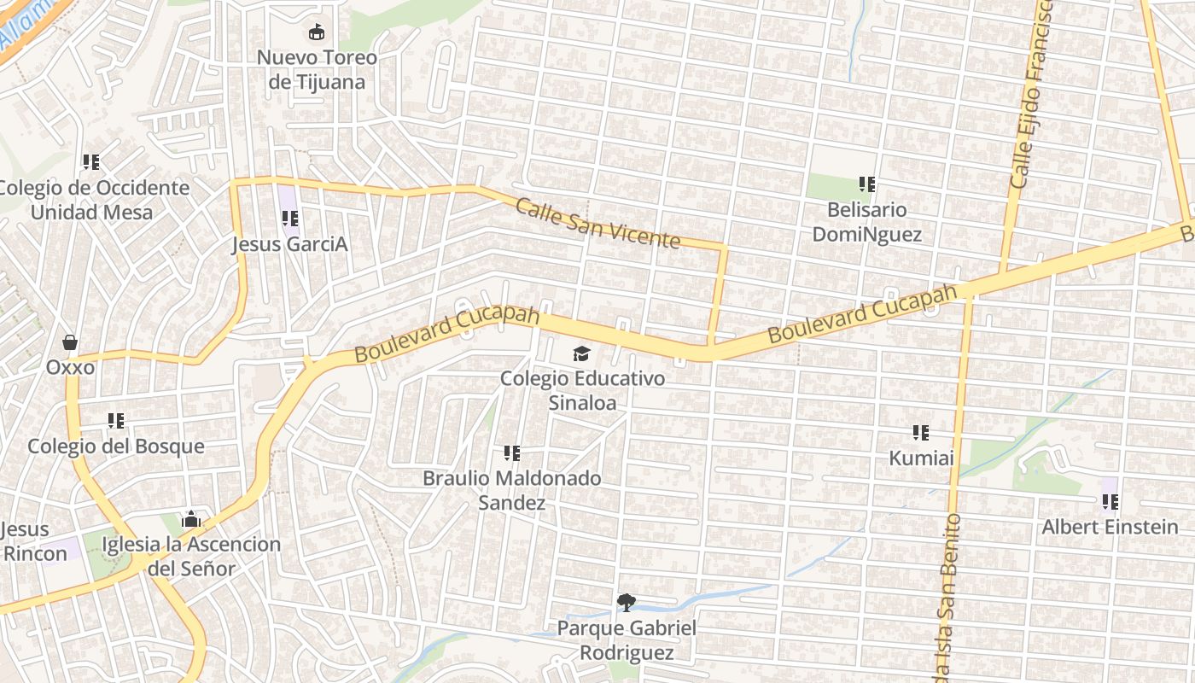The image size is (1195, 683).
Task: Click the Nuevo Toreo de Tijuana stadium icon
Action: pyautogui.click(x=317, y=32)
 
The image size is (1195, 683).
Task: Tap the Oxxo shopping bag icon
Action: pyautogui.click(x=70, y=342)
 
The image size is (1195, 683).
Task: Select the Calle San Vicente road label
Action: pyautogui.click(x=597, y=223)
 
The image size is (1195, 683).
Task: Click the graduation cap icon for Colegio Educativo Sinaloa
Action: pyautogui.click(x=581, y=353)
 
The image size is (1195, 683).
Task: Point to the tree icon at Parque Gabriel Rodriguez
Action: pyautogui.click(x=626, y=603)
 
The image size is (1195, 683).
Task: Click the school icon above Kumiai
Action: pyautogui.click(x=920, y=433)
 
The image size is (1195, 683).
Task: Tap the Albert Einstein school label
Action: pyautogui.click(x=1109, y=527)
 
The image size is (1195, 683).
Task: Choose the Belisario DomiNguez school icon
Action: pyautogui.click(x=867, y=184)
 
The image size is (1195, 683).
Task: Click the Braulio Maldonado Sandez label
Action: pyautogui.click(x=511, y=490)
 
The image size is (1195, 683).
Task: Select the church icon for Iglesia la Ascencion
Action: pyautogui.click(x=191, y=519)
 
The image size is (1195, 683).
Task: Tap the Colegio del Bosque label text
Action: pyautogui.click(x=116, y=447)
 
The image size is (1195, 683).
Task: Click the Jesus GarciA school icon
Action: pyautogui.click(x=289, y=219)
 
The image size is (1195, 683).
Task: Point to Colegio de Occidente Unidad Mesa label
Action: pyautogui.click(x=93, y=200)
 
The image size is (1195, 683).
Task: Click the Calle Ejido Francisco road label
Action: pyautogui.click(x=1031, y=94)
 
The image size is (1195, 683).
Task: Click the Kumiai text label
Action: pyautogui.click(x=921, y=458)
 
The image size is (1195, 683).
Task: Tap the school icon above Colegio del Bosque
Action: pyautogui.click(x=116, y=420)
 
